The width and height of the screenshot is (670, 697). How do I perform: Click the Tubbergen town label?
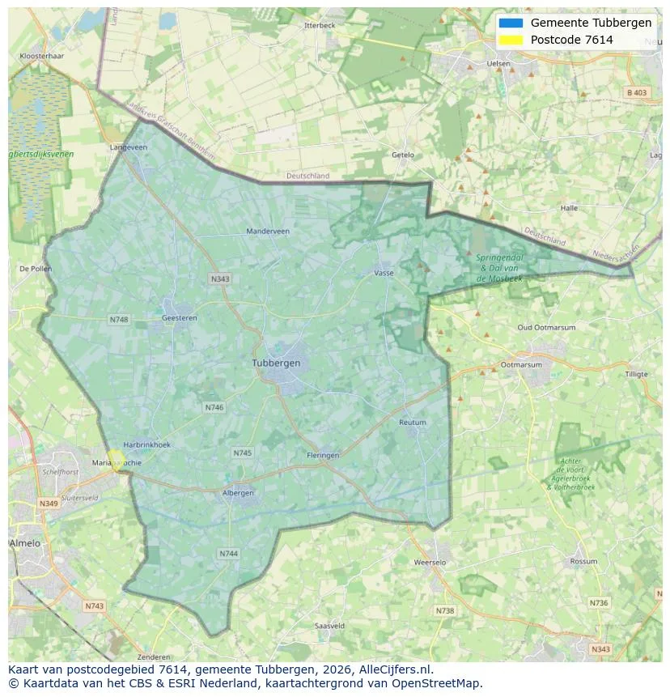click(276, 363)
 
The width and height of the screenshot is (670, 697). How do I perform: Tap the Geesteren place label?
click(180, 318)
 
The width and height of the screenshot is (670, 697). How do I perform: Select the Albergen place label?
click(238, 492)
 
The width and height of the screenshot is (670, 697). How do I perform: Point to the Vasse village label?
click(384, 273)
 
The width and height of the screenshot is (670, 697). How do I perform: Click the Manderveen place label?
click(268, 232)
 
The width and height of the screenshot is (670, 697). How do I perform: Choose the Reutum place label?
click(413, 423)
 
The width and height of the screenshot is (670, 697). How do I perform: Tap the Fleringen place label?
click(323, 456)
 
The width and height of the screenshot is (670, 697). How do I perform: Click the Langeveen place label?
click(129, 147)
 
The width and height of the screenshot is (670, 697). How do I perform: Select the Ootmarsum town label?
click(521, 365)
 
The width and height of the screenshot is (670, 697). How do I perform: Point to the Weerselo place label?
click(430, 562)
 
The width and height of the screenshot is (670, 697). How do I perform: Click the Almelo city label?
click(25, 543)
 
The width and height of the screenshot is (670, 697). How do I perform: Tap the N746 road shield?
click(214, 408)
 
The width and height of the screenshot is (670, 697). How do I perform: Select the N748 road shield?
click(119, 320)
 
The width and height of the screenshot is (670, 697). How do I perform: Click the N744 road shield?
click(228, 554)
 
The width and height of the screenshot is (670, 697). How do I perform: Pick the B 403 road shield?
click(637, 93)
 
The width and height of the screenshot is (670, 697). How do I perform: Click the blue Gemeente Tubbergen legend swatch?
click(511, 23)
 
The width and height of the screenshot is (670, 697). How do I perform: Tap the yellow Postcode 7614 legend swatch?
click(511, 40)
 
